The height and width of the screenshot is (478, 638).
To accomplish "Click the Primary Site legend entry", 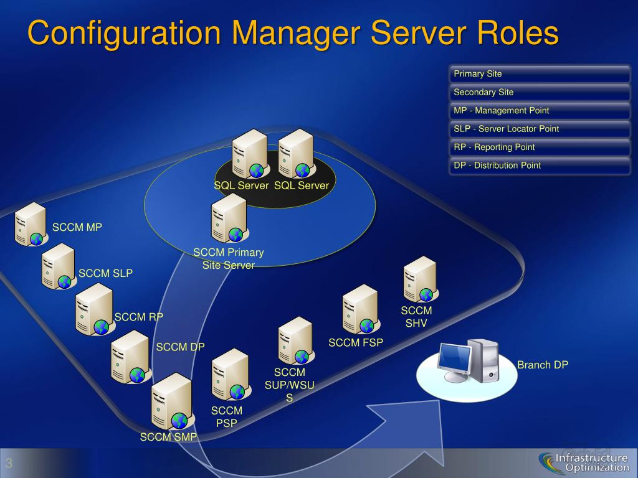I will point(540,74).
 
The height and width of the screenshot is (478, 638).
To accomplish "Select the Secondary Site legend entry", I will point(540,92).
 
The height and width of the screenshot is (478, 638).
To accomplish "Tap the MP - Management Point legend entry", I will point(540,111).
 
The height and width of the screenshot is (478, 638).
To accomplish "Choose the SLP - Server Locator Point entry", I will point(540,129).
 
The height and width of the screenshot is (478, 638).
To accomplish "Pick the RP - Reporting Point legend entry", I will point(540,148).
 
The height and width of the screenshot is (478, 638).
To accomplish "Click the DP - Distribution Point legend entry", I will point(540,166).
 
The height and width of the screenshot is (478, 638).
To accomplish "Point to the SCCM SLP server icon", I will point(59,266).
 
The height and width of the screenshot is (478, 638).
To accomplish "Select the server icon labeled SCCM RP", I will point(94,309).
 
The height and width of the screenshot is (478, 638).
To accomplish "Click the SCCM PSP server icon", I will point(230,374).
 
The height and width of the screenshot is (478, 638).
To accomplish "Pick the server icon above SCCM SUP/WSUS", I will point(295,340).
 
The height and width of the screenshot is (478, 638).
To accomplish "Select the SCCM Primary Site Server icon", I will point(229,218).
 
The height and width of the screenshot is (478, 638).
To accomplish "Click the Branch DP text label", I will point(543,365).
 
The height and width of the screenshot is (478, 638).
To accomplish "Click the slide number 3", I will point(10,463).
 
